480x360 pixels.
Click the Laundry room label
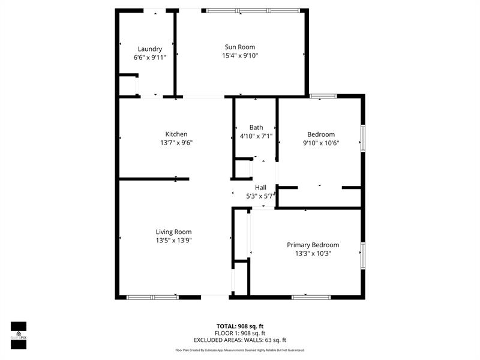pyautogui.click(x=149, y=49)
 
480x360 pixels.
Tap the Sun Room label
pyautogui.click(x=240, y=47)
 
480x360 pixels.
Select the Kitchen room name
pyautogui.click(x=176, y=134)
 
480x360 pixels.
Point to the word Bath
pyautogui.click(x=256, y=127)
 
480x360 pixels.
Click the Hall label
pyautogui.click(x=260, y=188)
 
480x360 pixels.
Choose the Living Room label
pyautogui.click(x=173, y=232)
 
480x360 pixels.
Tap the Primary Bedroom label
pyautogui.click(x=313, y=245)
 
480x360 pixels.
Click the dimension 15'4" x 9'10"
pyautogui.click(x=240, y=56)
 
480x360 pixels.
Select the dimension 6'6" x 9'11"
pyautogui.click(x=149, y=58)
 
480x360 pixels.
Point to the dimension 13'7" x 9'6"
pyautogui.click(x=176, y=143)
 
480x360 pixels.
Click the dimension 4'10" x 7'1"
pyautogui.click(x=256, y=136)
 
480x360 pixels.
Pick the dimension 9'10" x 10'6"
pyautogui.click(x=321, y=143)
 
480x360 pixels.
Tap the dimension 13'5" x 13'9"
pyautogui.click(x=173, y=241)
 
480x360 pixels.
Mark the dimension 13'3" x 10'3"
pyautogui.click(x=313, y=253)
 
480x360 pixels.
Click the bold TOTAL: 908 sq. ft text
pyautogui.click(x=239, y=326)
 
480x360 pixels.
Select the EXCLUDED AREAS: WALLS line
pyautogui.click(x=239, y=340)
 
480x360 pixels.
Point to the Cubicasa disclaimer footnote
pyautogui.click(x=239, y=350)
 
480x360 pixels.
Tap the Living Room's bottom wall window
pyautogui.click(x=152, y=297)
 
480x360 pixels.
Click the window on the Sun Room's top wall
pyautogui.click(x=253, y=10)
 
